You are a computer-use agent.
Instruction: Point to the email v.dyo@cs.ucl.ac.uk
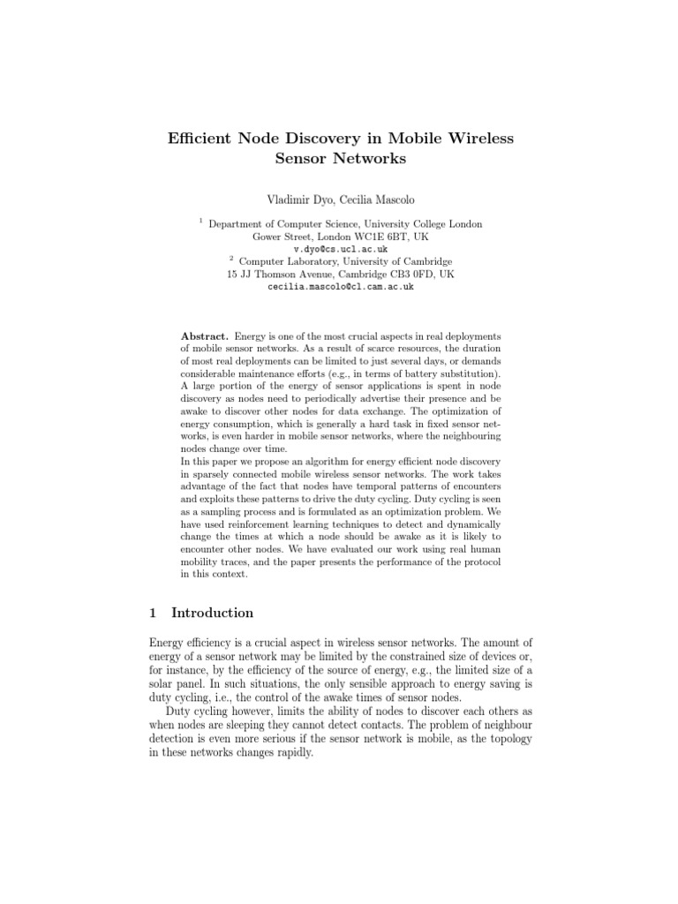[x=339, y=250]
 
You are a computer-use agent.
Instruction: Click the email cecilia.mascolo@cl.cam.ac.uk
[x=340, y=287]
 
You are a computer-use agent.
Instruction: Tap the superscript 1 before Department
[x=200, y=221]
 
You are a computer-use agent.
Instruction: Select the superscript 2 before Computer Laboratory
[x=231, y=258]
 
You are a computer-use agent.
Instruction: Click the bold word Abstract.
[x=205, y=336]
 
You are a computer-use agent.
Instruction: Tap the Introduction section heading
[x=212, y=613]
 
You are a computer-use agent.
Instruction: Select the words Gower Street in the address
[x=281, y=237]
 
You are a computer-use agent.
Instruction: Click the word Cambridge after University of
[x=423, y=262]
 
